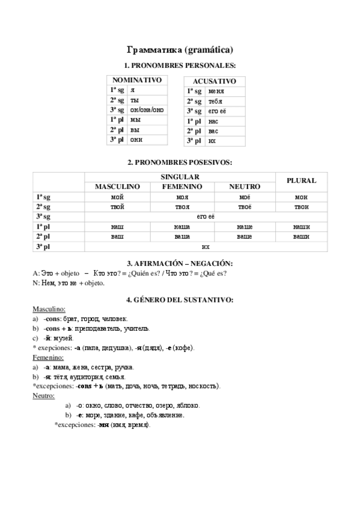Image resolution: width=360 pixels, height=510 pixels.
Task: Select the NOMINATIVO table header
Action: click(x=137, y=80)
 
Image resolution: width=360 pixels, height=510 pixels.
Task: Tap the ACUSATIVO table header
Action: click(x=215, y=81)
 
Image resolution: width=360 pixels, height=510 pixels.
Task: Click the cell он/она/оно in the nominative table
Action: click(x=147, y=110)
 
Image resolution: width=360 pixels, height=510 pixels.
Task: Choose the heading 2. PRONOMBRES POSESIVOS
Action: click(x=180, y=162)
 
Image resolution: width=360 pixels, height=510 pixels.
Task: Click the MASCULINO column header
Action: click(x=117, y=187)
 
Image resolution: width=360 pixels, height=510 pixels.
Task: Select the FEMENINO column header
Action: click(x=182, y=187)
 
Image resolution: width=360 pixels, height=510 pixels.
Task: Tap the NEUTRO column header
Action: click(x=244, y=187)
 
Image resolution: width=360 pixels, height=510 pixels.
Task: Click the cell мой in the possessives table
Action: click(x=117, y=197)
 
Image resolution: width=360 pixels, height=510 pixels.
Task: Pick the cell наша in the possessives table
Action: click(x=182, y=227)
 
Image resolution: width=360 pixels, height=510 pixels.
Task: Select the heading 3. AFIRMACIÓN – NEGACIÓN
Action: click(x=180, y=264)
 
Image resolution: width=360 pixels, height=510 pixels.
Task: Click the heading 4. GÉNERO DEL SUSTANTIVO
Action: click(x=180, y=299)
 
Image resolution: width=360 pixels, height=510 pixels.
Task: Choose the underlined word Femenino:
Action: click(x=48, y=357)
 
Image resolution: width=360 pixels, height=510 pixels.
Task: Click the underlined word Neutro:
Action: click(x=43, y=396)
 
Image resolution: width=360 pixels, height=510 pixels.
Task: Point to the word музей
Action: click(x=63, y=339)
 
